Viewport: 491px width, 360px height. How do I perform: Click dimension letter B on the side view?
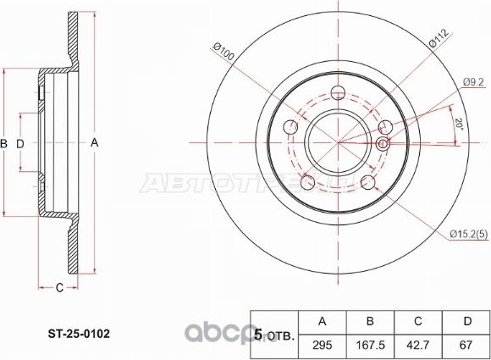pos(6,143)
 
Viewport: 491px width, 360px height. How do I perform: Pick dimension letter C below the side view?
pos(59,291)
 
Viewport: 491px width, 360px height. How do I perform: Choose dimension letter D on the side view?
pos(20,143)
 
